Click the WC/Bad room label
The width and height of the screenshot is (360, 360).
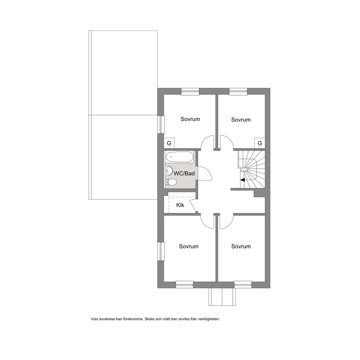pyautogui.click(x=184, y=173)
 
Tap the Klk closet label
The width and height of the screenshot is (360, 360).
pyautogui.click(x=180, y=205)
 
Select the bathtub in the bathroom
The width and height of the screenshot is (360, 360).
pyautogui.click(x=180, y=157)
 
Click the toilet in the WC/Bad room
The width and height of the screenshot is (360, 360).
pyautogui.click(x=171, y=182)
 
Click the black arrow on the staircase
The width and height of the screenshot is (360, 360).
pyautogui.click(x=243, y=180)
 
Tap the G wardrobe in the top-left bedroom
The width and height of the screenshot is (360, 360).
pyautogui.click(x=169, y=143)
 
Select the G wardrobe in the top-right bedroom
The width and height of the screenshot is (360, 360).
pyautogui.click(x=260, y=143)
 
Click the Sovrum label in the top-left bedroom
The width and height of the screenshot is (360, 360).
pyautogui.click(x=190, y=119)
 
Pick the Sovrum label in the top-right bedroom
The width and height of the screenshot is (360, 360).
pyautogui.click(x=241, y=120)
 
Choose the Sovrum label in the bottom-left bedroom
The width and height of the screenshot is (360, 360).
pyautogui.click(x=189, y=246)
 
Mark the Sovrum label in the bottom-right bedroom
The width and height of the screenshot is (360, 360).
pyautogui.click(x=241, y=246)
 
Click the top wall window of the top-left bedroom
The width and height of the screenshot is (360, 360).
pyautogui.click(x=190, y=91)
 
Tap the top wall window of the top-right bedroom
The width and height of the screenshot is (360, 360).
pyautogui.click(x=238, y=91)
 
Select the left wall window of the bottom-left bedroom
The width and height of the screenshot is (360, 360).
pyautogui.click(x=161, y=251)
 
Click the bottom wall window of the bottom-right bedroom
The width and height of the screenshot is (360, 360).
pyautogui.click(x=243, y=285)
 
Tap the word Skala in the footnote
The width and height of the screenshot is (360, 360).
pyautogui.click(x=150, y=319)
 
